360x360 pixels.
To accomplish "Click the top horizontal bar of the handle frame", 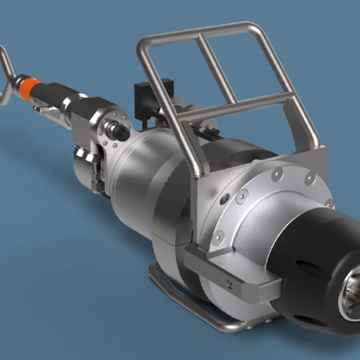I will (200, 31).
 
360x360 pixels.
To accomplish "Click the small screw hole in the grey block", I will (229, 283).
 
